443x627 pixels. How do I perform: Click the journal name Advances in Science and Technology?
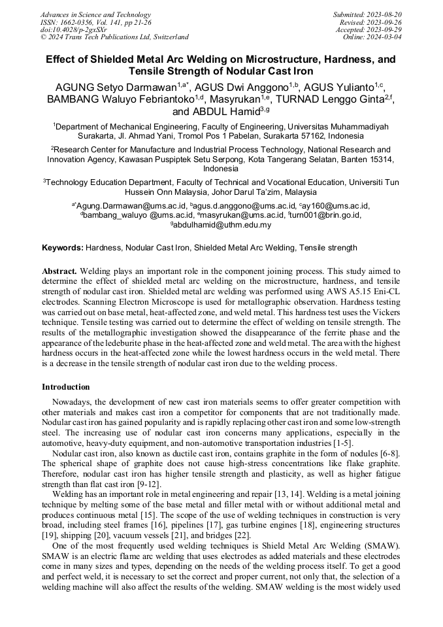click(95, 14)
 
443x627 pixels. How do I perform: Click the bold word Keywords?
click(61, 248)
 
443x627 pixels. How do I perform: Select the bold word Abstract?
click(59, 271)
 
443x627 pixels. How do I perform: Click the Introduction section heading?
click(65, 387)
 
